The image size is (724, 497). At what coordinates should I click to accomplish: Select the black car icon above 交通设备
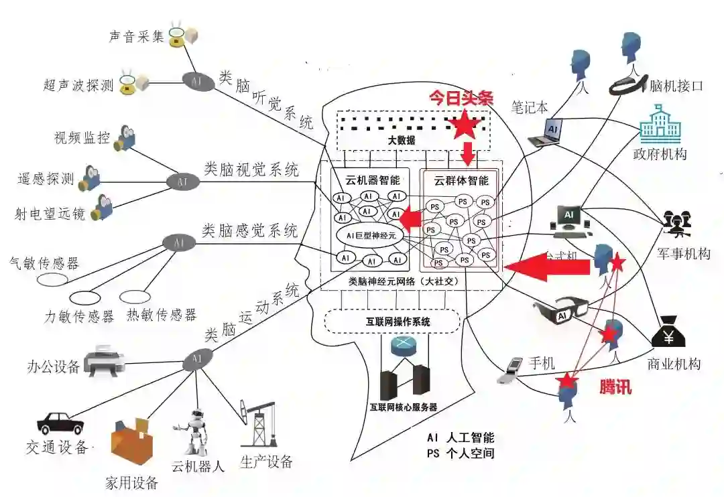point(60,423)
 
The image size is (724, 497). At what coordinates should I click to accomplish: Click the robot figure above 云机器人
point(192,432)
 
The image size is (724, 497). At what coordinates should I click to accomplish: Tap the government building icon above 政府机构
point(659,127)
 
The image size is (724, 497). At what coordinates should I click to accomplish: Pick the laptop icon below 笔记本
point(546,133)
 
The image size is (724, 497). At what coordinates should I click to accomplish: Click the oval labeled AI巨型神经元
point(370,236)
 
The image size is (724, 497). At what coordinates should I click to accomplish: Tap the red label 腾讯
point(615,387)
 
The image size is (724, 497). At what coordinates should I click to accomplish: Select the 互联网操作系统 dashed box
point(392,322)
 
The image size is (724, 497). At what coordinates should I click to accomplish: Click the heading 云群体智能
point(461,180)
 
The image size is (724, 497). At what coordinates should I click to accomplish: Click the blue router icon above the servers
point(404,347)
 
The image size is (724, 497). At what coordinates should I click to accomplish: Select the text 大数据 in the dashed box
point(402,141)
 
